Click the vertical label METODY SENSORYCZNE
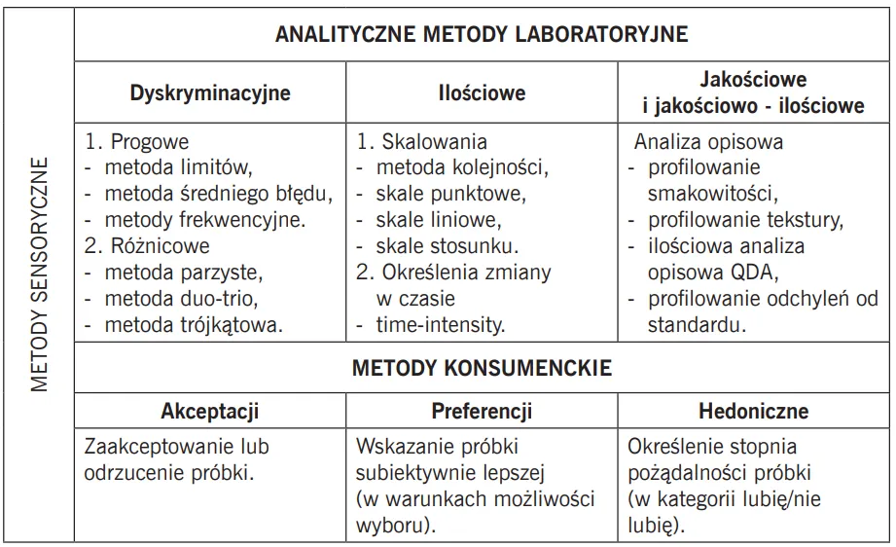(x=39, y=273)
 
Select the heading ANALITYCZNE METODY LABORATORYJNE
(x=482, y=34)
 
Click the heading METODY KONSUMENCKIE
(x=482, y=368)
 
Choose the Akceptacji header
(x=210, y=411)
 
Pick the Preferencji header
(x=482, y=411)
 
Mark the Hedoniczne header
(x=753, y=411)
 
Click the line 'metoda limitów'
(x=178, y=166)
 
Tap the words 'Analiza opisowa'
(x=708, y=142)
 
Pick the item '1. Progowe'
(x=137, y=142)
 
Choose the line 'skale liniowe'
(x=438, y=219)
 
